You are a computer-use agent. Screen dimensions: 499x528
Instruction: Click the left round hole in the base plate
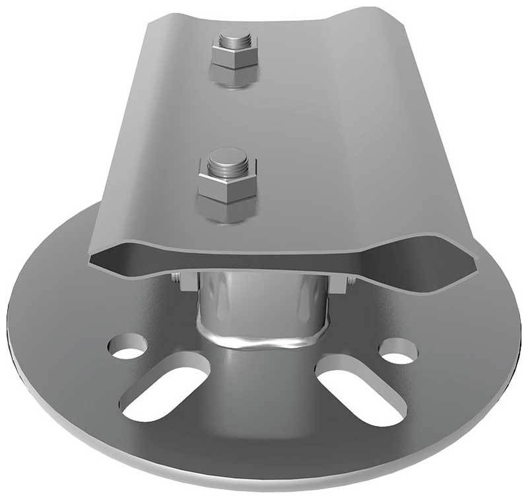coord(127,347)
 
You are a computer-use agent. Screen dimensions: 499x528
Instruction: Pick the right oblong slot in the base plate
coord(360,390)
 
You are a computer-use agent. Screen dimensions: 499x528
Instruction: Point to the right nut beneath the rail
coord(344,283)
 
